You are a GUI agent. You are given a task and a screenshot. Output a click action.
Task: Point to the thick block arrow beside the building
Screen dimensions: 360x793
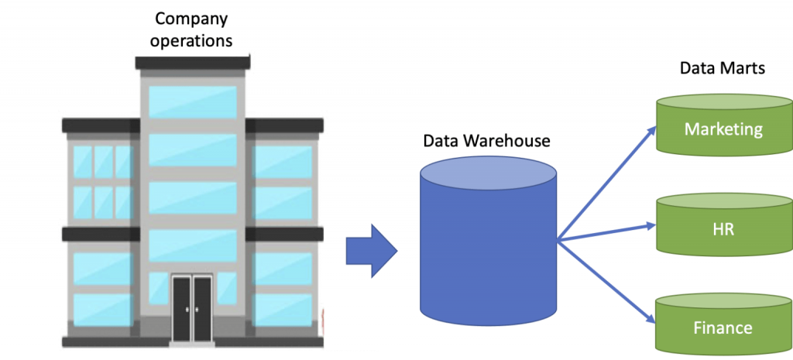[x=370, y=250]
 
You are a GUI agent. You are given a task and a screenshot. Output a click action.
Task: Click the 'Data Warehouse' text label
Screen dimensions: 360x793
[x=486, y=141]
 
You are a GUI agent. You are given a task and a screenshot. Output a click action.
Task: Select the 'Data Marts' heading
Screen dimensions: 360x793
[x=723, y=68]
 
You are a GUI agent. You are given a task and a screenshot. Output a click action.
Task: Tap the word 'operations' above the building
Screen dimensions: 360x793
[x=193, y=40]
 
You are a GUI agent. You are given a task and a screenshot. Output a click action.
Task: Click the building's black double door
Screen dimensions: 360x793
[x=192, y=309]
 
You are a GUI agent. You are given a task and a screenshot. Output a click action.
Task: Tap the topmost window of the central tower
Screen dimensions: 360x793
[x=193, y=101]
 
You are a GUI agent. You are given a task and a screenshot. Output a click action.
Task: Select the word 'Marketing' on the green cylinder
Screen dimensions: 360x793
[x=723, y=129]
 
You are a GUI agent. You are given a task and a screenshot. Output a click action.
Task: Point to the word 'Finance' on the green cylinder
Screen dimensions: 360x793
[x=723, y=328]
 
